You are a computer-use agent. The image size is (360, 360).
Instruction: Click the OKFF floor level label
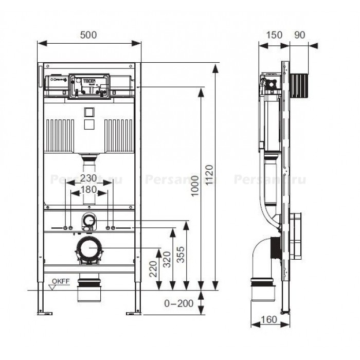[61, 282]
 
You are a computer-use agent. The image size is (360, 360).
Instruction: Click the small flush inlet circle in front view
[89, 221]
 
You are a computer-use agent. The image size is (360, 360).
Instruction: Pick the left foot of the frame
[44, 311]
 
